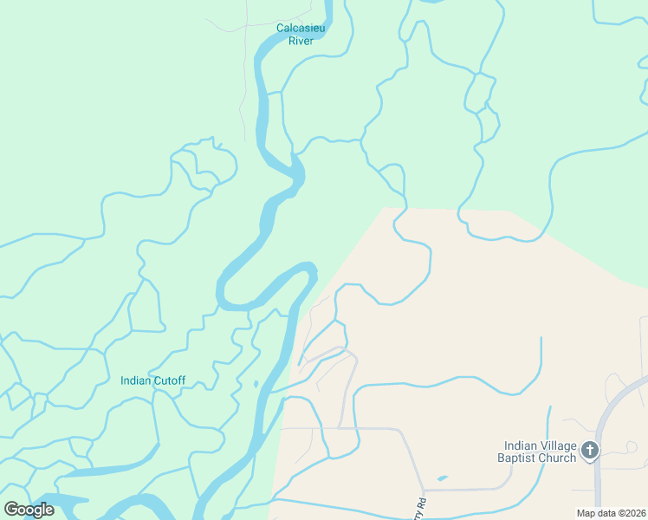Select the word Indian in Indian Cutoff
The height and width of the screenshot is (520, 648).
click(x=135, y=380)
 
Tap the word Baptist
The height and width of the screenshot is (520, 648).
click(x=518, y=458)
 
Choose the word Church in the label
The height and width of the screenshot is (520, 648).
click(x=557, y=458)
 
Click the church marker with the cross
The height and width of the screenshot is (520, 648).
click(x=590, y=450)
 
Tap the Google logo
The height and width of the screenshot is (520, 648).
click(x=29, y=510)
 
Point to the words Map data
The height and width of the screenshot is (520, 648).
click(x=597, y=513)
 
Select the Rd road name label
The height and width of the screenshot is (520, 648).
click(x=422, y=504)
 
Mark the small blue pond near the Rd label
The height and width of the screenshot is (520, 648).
click(x=443, y=478)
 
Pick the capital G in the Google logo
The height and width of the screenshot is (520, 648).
click(x=10, y=510)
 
